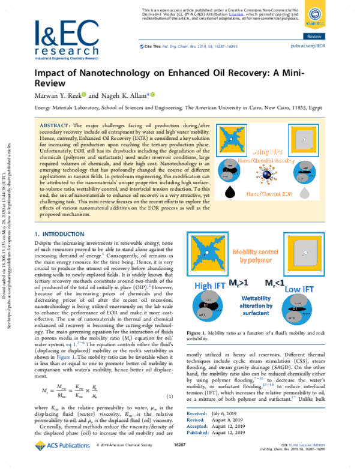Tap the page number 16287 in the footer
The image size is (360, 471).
click(180, 461)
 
